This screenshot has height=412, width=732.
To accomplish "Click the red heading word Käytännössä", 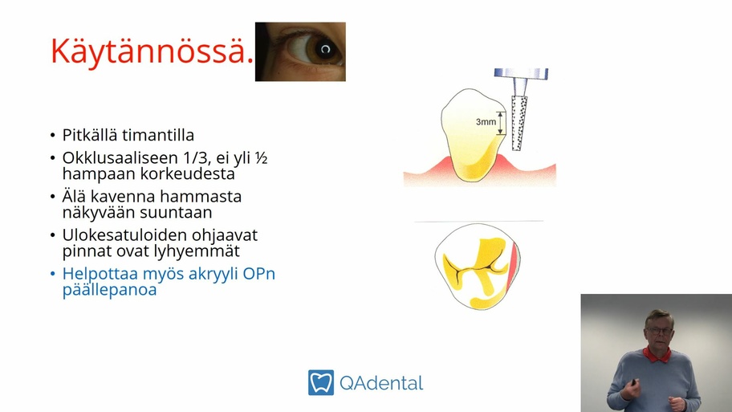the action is pyautogui.click(x=152, y=51).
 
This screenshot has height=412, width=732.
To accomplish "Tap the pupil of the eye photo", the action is pyautogui.click(x=325, y=49).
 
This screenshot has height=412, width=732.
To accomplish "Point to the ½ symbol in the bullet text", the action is pyautogui.click(x=262, y=158).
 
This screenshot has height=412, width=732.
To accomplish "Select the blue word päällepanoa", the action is pyautogui.click(x=110, y=290).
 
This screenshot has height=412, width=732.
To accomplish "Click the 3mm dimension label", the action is pyautogui.click(x=486, y=122).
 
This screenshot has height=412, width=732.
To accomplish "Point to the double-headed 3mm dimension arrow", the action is pyautogui.click(x=501, y=124).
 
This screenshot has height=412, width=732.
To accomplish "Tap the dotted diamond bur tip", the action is pyautogui.click(x=518, y=124).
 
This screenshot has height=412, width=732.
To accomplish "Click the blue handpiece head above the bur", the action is pyautogui.click(x=521, y=73).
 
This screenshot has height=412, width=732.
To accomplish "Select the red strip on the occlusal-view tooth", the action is pyautogui.click(x=513, y=264).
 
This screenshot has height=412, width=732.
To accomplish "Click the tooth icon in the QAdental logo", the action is pyautogui.click(x=321, y=382).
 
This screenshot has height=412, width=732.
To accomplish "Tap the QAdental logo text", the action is pyautogui.click(x=381, y=384).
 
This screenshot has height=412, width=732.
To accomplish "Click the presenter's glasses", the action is pyautogui.click(x=659, y=331).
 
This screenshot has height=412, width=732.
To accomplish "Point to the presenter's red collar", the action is pyautogui.click(x=657, y=355).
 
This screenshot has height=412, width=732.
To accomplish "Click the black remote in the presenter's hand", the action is pyautogui.click(x=633, y=382).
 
